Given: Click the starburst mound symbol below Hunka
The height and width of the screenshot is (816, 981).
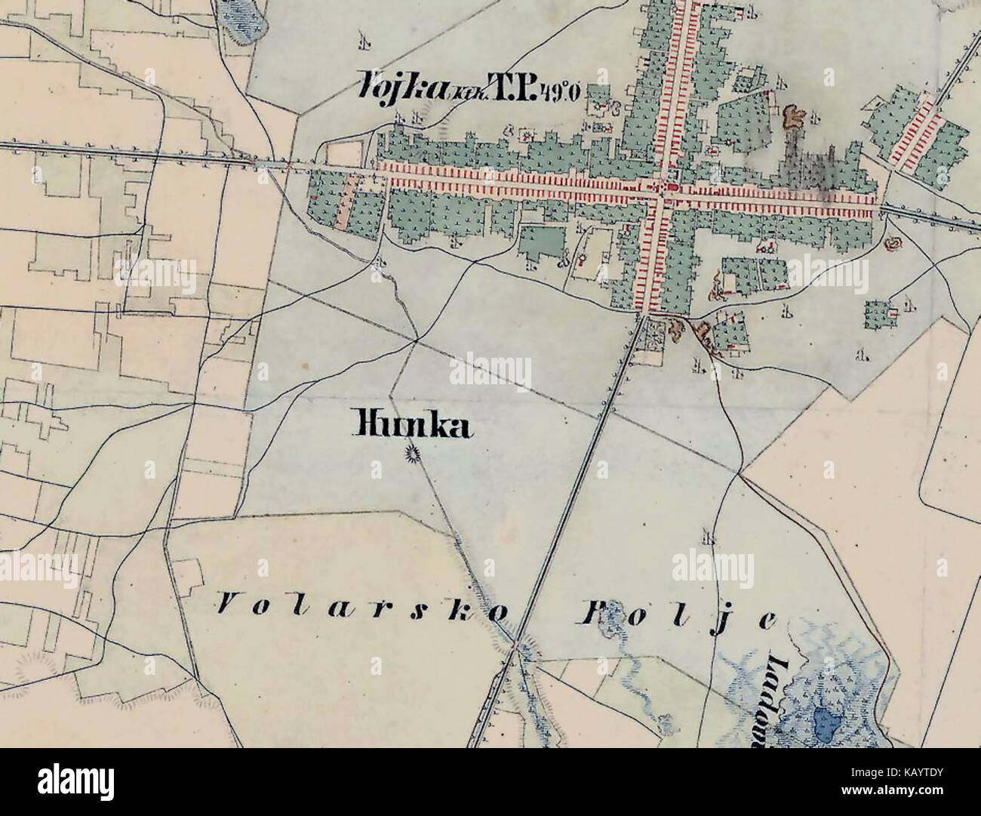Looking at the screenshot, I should tap(412, 454).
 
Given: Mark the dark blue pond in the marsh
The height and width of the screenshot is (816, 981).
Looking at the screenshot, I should tap(828, 728).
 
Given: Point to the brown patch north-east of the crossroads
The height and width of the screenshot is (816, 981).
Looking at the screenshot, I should tap(792, 116).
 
